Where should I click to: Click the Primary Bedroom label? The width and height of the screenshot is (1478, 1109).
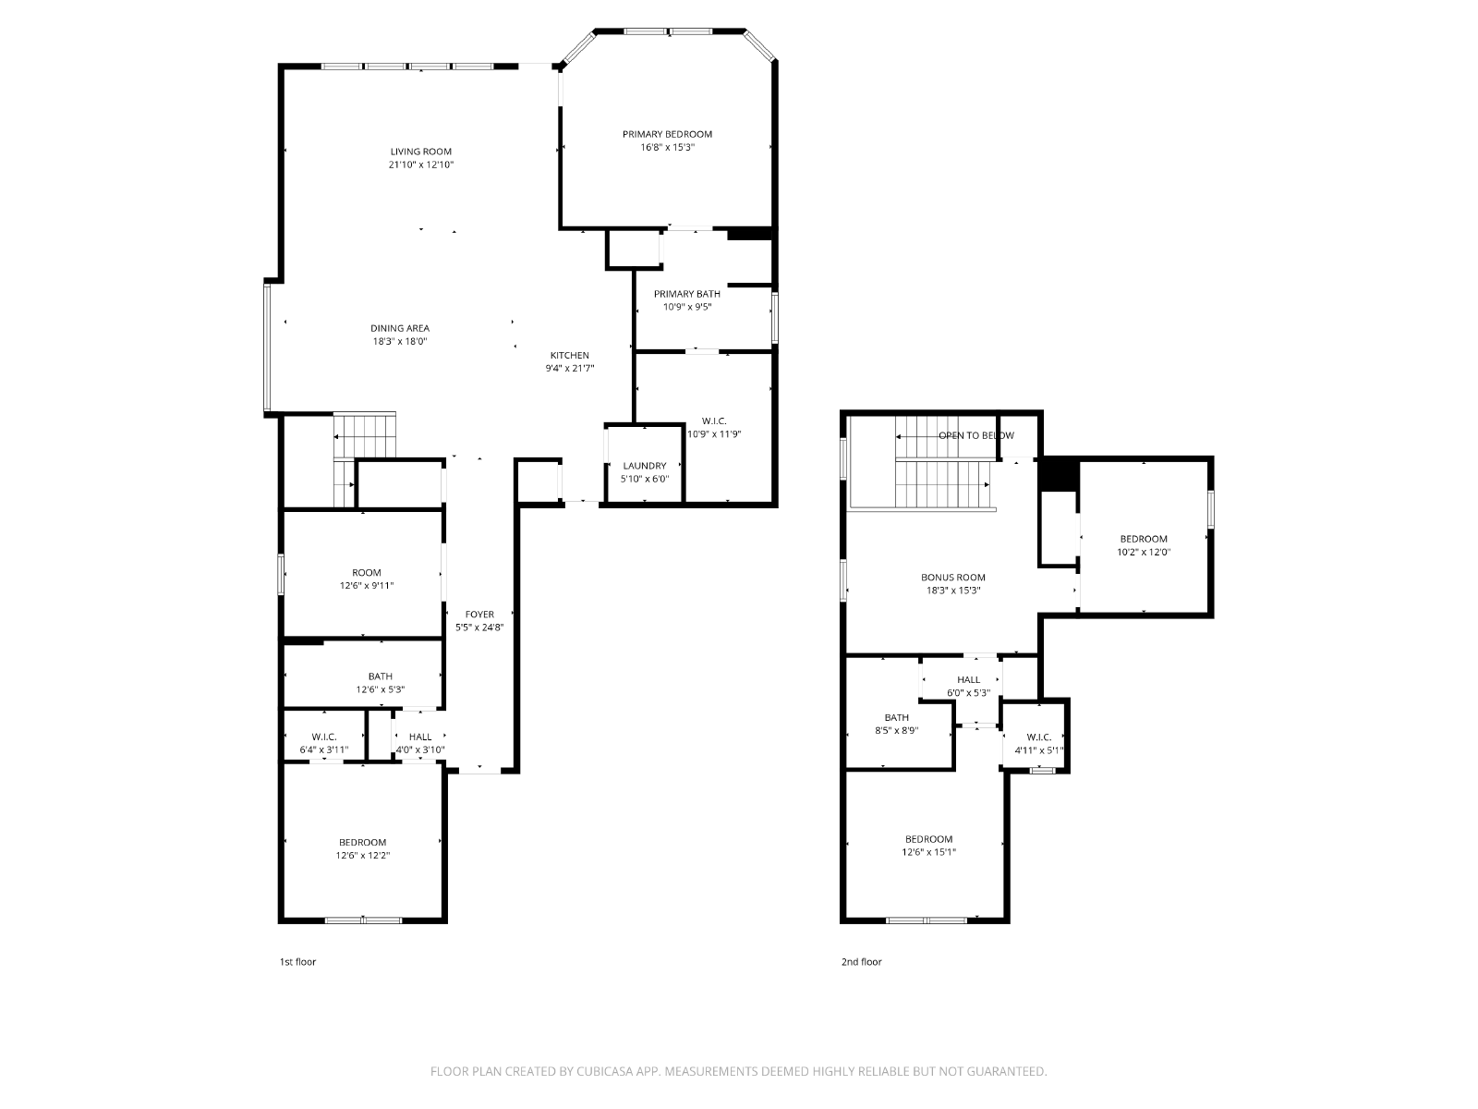[667, 134]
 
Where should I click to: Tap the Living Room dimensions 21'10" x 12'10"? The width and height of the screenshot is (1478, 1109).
[421, 165]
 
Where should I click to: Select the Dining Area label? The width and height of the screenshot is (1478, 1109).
[400, 328]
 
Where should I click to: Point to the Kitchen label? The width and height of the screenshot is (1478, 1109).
[570, 355]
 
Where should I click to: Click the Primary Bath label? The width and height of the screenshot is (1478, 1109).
[687, 294]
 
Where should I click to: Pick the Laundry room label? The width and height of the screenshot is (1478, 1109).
[645, 465]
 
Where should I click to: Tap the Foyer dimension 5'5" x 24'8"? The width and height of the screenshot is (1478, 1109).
[479, 627]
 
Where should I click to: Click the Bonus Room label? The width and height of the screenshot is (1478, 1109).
[952, 577]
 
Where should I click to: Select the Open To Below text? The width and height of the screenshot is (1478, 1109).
[976, 435]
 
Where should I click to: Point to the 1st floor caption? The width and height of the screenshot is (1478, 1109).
[297, 961]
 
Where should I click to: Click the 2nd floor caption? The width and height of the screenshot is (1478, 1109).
[861, 961]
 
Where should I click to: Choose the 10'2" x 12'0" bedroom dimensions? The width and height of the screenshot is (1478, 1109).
[1144, 552]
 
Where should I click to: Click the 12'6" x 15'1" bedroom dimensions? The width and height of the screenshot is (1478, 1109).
[928, 852]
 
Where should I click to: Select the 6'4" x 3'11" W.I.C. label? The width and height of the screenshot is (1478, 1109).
[324, 743]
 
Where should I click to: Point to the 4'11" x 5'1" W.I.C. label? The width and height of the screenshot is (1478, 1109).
[1039, 743]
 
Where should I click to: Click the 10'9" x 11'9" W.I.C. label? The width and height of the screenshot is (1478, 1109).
[714, 428]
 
